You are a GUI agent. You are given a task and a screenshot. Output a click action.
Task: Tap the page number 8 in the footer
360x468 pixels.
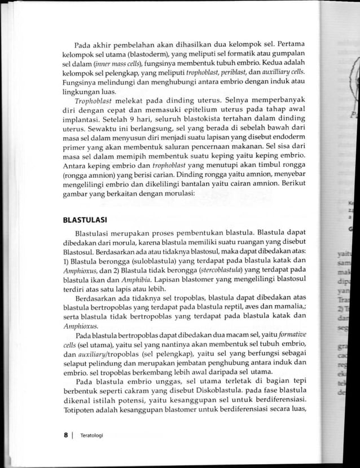point(66,435)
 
